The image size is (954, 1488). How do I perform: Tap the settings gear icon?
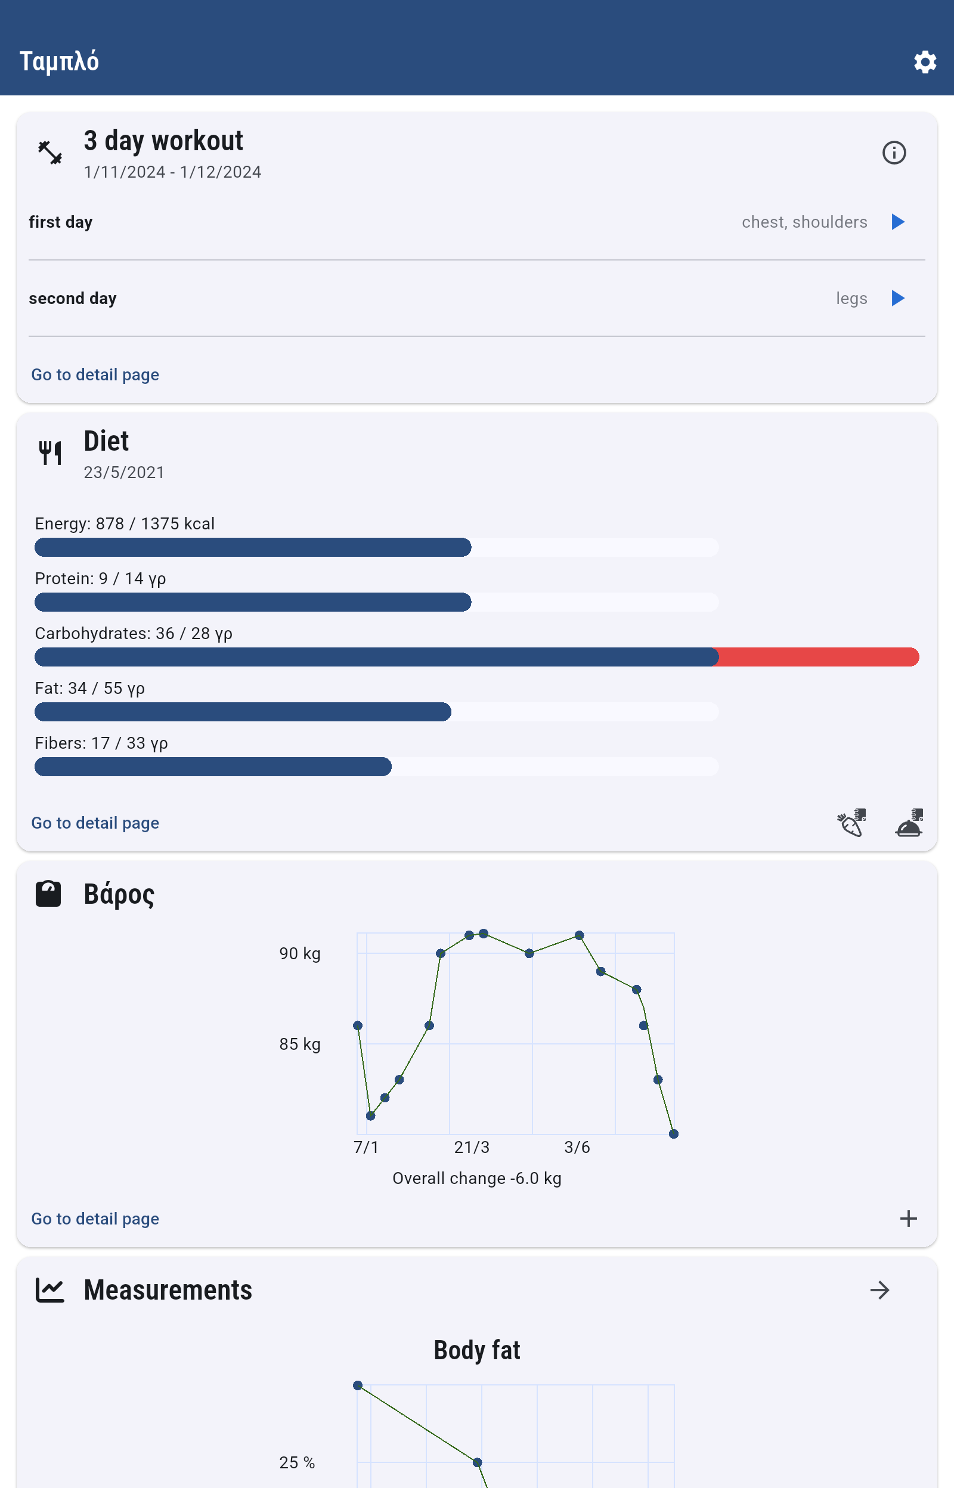tap(924, 62)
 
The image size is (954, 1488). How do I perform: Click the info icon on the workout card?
tap(893, 153)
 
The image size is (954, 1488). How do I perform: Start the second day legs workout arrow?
tap(897, 299)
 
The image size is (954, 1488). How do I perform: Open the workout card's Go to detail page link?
tap(95, 374)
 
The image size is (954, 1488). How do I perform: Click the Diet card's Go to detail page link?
tap(95, 823)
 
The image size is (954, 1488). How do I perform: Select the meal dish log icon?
tap(909, 823)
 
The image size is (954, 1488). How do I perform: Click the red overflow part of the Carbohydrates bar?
tap(817, 657)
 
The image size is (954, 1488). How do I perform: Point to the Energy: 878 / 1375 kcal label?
tap(125, 524)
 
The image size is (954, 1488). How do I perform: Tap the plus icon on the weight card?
tap(908, 1219)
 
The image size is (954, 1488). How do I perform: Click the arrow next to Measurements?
tap(879, 1291)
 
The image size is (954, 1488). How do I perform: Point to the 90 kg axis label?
tap(300, 954)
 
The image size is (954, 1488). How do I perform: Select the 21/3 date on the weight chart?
tap(472, 1148)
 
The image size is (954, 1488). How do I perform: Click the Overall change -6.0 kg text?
tap(476, 1179)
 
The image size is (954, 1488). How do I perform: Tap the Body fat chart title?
tap(476, 1350)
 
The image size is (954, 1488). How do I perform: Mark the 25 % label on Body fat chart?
tap(297, 1462)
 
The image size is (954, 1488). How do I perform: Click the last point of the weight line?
tap(673, 1134)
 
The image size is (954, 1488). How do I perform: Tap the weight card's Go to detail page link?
tap(95, 1219)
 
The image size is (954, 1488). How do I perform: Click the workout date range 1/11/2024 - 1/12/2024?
tap(172, 172)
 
